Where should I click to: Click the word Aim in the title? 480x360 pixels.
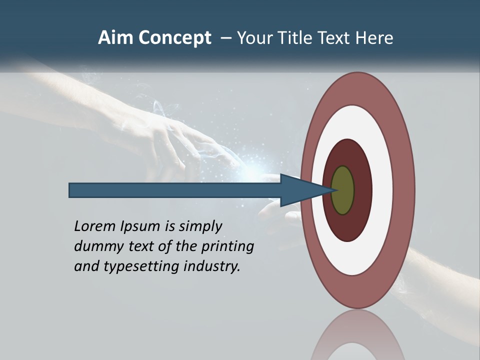coord(116,38)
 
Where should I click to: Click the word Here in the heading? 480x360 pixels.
coord(375,38)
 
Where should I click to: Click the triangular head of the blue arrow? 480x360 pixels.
coord(300,190)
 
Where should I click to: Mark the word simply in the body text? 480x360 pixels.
coord(200,227)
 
